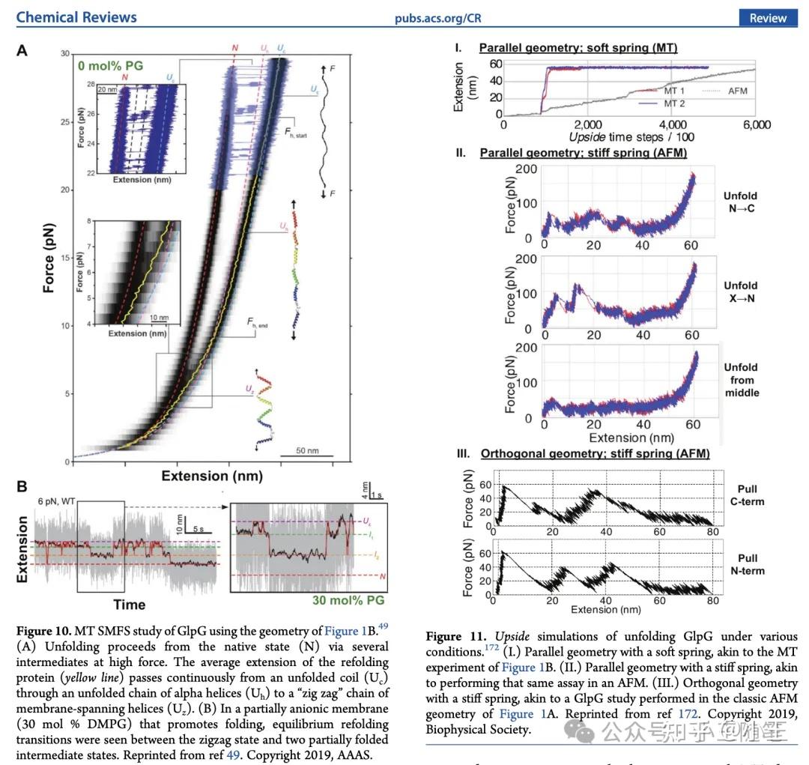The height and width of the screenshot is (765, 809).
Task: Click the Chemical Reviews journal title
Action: coord(76,16)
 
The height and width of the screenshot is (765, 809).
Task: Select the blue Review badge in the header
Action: coord(768,18)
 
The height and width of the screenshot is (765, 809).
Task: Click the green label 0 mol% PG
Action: coord(109,66)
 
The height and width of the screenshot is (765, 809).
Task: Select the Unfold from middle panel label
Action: coord(740,380)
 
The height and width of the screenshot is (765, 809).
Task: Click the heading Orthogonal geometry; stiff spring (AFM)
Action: coord(595,454)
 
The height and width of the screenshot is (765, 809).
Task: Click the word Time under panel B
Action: coord(129,604)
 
